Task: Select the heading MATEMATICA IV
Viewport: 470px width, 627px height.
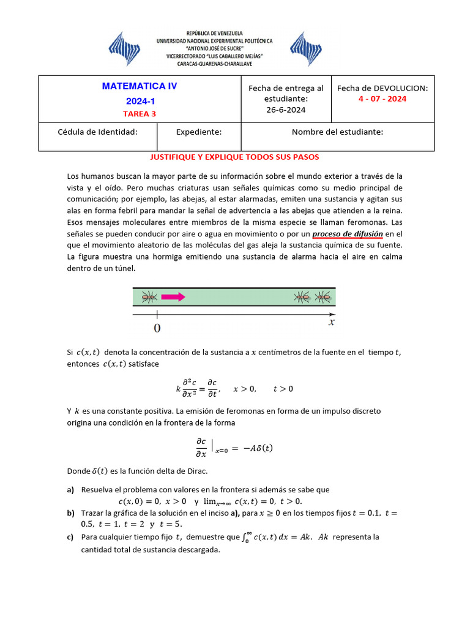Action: pyautogui.click(x=140, y=86)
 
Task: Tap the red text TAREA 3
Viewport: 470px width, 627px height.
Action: pyautogui.click(x=140, y=113)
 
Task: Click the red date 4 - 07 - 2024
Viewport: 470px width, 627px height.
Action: pyautogui.click(x=382, y=99)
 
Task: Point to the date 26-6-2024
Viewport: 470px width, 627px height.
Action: pyautogui.click(x=286, y=110)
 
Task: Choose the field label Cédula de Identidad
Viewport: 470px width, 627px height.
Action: pyautogui.click(x=97, y=132)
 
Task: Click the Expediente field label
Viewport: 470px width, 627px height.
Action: pyautogui.click(x=199, y=132)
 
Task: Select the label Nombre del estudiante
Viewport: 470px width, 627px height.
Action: pyautogui.click(x=337, y=132)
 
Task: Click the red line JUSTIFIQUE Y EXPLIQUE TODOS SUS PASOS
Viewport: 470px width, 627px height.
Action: pyautogui.click(x=234, y=157)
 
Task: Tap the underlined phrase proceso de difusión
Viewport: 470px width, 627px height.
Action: pyautogui.click(x=348, y=234)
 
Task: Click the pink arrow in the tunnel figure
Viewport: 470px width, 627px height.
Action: pyautogui.click(x=173, y=298)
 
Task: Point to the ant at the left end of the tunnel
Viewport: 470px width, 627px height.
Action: pyautogui.click(x=148, y=298)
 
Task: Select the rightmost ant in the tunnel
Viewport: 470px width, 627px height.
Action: pyautogui.click(x=323, y=298)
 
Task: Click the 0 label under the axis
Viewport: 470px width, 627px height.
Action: pyautogui.click(x=157, y=329)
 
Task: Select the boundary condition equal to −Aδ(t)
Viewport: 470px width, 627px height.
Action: pyautogui.click(x=234, y=448)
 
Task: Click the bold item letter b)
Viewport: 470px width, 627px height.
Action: pyautogui.click(x=71, y=512)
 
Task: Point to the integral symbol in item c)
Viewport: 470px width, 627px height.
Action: pyautogui.click(x=246, y=537)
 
